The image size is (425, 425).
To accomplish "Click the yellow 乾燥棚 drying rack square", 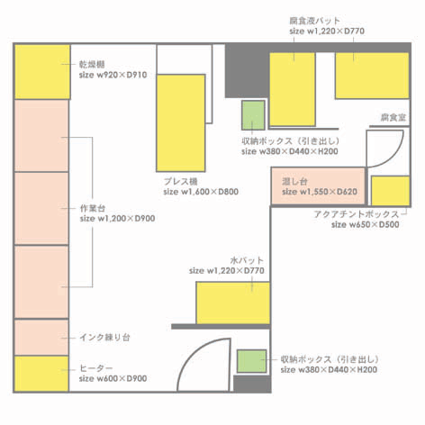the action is (42, 72).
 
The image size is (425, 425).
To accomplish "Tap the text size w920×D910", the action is (113, 75).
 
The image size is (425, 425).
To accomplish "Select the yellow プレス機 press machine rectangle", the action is (181, 123).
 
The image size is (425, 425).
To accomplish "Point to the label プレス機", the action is (181, 182).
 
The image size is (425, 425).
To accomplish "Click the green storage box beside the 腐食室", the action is (253, 115).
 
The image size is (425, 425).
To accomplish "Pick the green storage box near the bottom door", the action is (251, 361).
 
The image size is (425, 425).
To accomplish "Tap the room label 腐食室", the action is (393, 117).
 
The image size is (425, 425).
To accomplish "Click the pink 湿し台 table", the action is (318, 186).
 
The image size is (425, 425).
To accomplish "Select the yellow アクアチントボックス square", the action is (390, 191).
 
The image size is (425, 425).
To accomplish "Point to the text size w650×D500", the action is (366, 224).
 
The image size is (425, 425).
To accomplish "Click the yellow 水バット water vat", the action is (233, 303).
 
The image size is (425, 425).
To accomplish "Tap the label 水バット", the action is (247, 260).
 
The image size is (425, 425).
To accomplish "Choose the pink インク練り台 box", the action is (41, 338).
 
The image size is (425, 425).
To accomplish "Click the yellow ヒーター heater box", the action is (41, 374).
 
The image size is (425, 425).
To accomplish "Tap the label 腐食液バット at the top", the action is (314, 21).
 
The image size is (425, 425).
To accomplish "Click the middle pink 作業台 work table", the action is (41, 209).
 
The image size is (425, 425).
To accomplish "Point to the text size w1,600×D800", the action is (201, 192).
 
